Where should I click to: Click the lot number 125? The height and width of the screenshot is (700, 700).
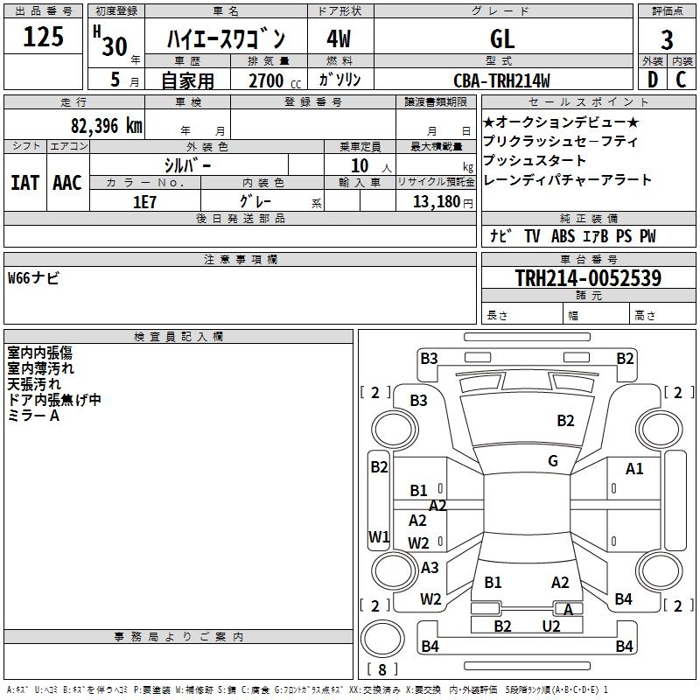coord(44,38)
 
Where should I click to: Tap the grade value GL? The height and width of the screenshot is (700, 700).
coord(502,38)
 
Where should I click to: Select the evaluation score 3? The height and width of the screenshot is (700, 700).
coord(667,40)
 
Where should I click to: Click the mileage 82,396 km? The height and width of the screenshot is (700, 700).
coord(106,125)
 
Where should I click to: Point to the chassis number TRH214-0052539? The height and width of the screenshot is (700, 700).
coord(588,278)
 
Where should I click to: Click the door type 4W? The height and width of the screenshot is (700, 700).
coord(339,39)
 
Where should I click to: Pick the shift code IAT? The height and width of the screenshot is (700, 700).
coord(24,183)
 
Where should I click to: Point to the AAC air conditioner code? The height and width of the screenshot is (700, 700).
coord(66,183)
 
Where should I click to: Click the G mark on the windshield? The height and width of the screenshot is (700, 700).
coord(553,461)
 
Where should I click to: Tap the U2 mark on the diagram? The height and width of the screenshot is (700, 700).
coord(550,626)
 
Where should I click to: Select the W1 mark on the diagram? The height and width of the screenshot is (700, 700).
coord(379,536)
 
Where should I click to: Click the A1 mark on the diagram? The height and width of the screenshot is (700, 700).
coord(634,469)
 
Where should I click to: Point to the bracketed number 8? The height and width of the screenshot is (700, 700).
coord(382,670)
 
